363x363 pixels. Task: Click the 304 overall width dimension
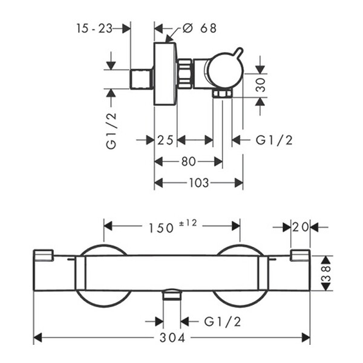coord(172,338)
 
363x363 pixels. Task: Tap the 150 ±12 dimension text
coord(172,226)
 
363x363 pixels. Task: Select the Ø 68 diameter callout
coord(199,28)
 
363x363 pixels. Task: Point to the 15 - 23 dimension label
coord(94,28)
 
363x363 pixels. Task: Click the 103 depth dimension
coord(199,183)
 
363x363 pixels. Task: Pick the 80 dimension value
coord(189,162)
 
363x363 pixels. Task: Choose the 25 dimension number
coord(165,140)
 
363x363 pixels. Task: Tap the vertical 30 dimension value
coord(261,85)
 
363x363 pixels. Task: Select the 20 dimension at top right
coord(300,227)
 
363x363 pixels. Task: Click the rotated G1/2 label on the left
coord(111,131)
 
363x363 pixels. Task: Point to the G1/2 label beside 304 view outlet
coord(223,321)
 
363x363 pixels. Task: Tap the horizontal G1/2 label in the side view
coord(274,140)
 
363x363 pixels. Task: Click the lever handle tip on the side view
coord(241,50)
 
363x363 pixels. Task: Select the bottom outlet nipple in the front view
coord(172,296)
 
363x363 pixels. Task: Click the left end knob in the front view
coord(44,255)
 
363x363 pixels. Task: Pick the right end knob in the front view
coord(300,255)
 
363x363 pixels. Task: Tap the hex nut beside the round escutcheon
coord(185,74)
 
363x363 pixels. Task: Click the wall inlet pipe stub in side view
coord(141,79)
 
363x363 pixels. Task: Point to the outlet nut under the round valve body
coord(223,94)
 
